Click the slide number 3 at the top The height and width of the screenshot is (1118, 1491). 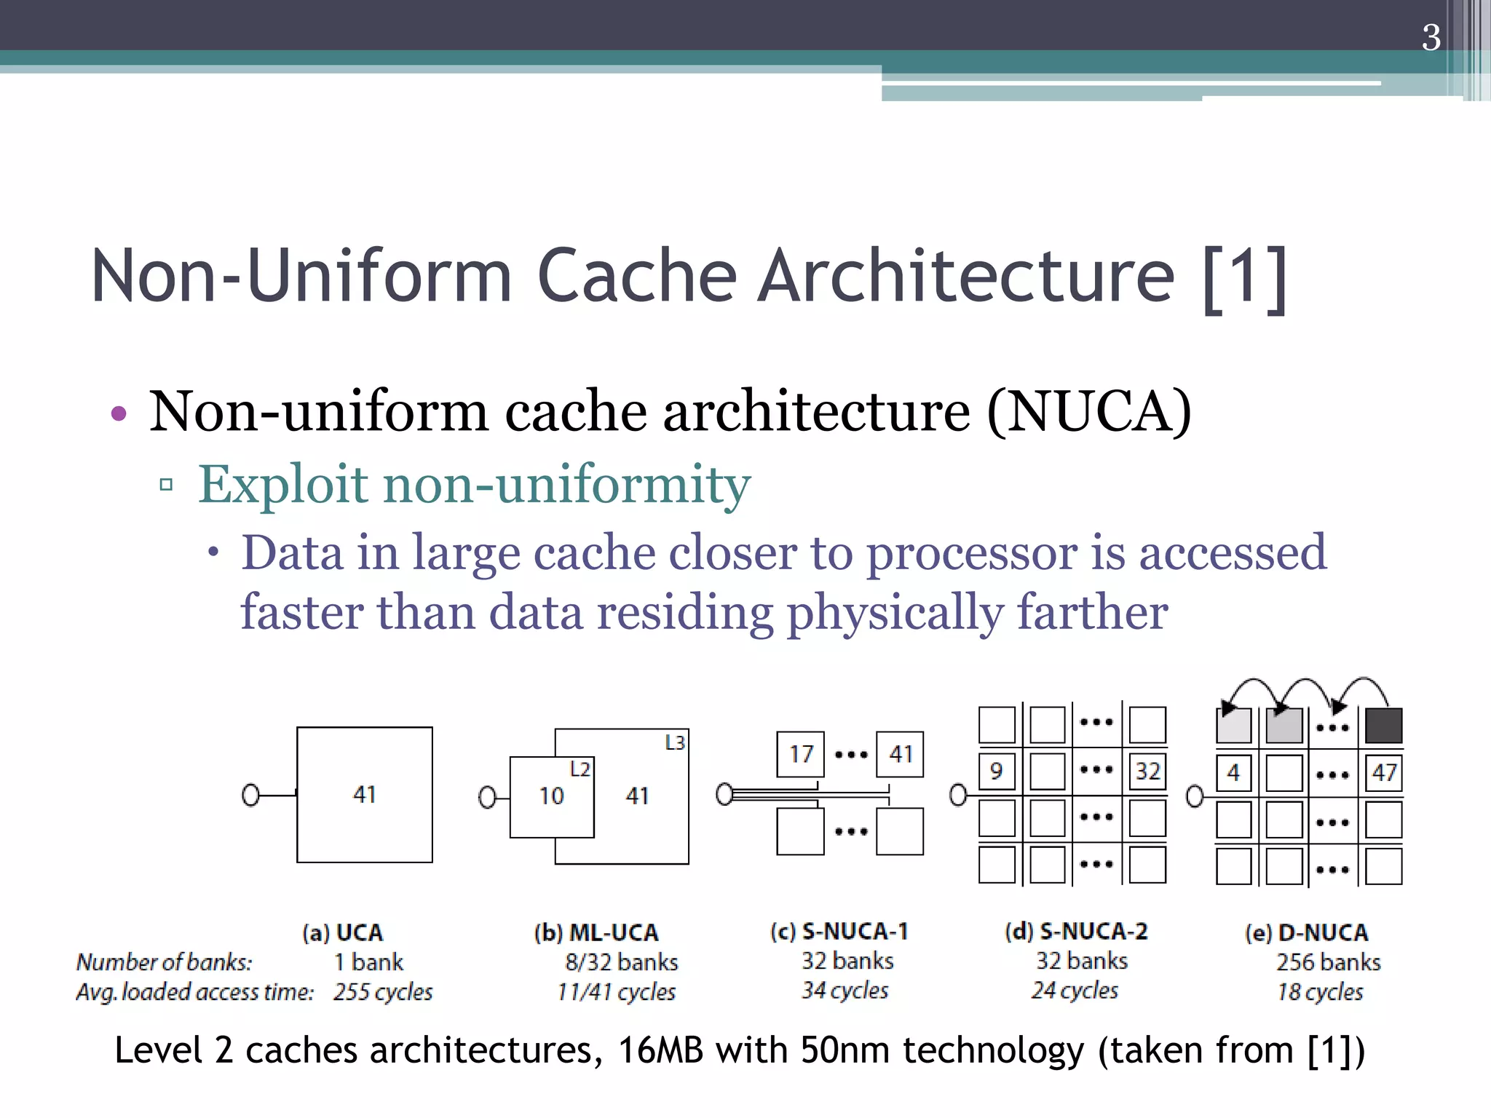coord(1431,38)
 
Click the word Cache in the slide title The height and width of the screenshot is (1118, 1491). coord(637,276)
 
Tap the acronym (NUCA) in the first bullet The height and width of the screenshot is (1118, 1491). coord(1089,412)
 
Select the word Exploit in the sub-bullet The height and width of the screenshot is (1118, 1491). coord(283,485)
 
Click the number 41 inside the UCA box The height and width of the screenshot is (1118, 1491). coord(364,794)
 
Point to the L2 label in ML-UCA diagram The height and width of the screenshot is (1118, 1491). coord(580,769)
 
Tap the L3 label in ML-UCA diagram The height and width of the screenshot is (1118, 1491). coord(675,742)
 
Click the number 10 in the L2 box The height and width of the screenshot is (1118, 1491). coord(551,796)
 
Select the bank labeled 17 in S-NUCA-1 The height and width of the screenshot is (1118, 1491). coord(800,754)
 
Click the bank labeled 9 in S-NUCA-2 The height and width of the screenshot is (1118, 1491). coord(996,771)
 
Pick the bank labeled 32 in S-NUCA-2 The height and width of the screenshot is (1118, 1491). coord(1147,771)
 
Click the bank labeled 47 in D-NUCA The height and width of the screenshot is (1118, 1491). coord(1383,772)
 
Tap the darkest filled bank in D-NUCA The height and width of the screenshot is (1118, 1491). coord(1383,726)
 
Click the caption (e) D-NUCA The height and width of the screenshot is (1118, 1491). coord(1306,933)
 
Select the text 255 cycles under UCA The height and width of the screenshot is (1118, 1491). coord(383,992)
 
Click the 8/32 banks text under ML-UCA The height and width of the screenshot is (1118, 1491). coord(621,962)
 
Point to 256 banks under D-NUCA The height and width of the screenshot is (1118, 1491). coord(1328,962)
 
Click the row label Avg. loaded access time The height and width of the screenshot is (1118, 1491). coord(194,992)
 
